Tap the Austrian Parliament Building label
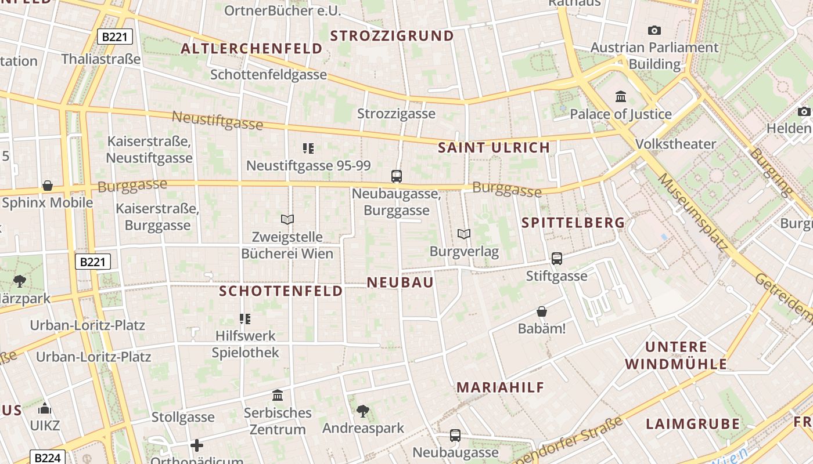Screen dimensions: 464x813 pos(654,56)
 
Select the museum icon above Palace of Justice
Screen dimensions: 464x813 pos(621,96)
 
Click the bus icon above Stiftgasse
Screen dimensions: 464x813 pos(557,259)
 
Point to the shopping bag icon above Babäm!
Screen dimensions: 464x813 pos(542,311)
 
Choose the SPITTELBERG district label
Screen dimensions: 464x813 pos(573,223)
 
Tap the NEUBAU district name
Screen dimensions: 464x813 pos(401,282)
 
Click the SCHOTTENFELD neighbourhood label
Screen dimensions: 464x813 pos(281,291)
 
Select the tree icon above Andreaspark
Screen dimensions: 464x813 pos(363,411)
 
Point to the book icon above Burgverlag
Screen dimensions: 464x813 pos(463,234)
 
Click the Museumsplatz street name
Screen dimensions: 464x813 pos(692,211)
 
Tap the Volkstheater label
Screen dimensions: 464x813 pos(676,144)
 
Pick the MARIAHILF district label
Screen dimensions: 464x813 pos(501,387)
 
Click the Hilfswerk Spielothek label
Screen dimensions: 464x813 pos(245,344)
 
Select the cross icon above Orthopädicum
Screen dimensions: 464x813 pos(197,445)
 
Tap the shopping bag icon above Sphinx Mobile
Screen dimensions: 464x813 pos(48,186)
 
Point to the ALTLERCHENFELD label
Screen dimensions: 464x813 pos(251,49)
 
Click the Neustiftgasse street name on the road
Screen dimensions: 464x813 pos(218,121)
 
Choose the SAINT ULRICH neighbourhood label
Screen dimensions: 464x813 pos(494,148)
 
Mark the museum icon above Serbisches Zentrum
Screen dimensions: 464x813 pos(278,396)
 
